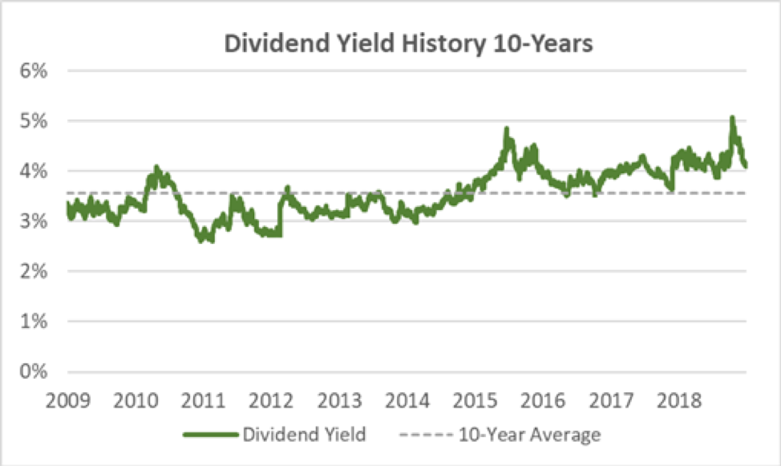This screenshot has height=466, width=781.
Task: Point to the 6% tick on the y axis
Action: [34, 71]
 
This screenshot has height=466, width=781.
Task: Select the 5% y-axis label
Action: [34, 121]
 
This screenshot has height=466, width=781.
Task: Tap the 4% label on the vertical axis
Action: [34, 171]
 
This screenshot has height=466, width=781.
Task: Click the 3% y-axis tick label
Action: [34, 221]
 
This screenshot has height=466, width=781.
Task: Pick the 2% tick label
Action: [34, 272]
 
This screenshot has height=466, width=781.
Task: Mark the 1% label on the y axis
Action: [34, 322]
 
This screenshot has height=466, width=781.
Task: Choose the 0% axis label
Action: [34, 372]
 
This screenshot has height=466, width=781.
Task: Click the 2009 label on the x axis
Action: [67, 398]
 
